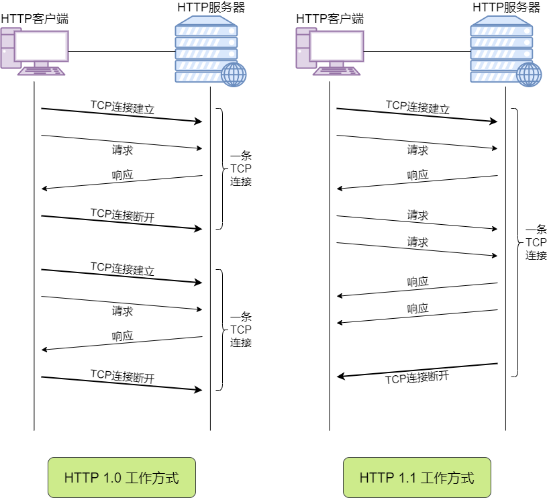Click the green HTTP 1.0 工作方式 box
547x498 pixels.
click(x=121, y=478)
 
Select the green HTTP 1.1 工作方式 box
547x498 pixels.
click(x=417, y=478)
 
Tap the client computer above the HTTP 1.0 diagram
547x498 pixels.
click(x=35, y=51)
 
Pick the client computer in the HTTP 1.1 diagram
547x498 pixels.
click(x=330, y=51)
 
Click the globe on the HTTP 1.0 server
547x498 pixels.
click(x=234, y=74)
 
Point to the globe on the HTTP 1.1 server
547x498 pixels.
click(x=529, y=74)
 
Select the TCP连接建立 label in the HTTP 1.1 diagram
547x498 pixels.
click(x=417, y=107)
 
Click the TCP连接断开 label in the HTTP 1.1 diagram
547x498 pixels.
click(x=417, y=377)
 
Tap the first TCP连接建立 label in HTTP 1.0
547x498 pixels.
click(x=123, y=107)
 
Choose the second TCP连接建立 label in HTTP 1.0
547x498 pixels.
click(x=123, y=268)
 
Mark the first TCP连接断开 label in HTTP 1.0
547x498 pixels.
click(x=123, y=215)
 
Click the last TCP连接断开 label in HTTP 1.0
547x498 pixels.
click(x=123, y=376)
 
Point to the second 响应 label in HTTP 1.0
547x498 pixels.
click(x=123, y=336)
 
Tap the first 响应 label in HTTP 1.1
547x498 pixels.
click(x=417, y=175)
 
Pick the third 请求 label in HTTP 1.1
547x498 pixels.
click(x=417, y=242)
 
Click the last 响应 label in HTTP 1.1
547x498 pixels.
click(x=417, y=309)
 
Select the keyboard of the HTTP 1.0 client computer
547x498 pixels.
click(x=42, y=70)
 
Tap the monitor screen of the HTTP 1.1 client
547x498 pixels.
click(x=337, y=46)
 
